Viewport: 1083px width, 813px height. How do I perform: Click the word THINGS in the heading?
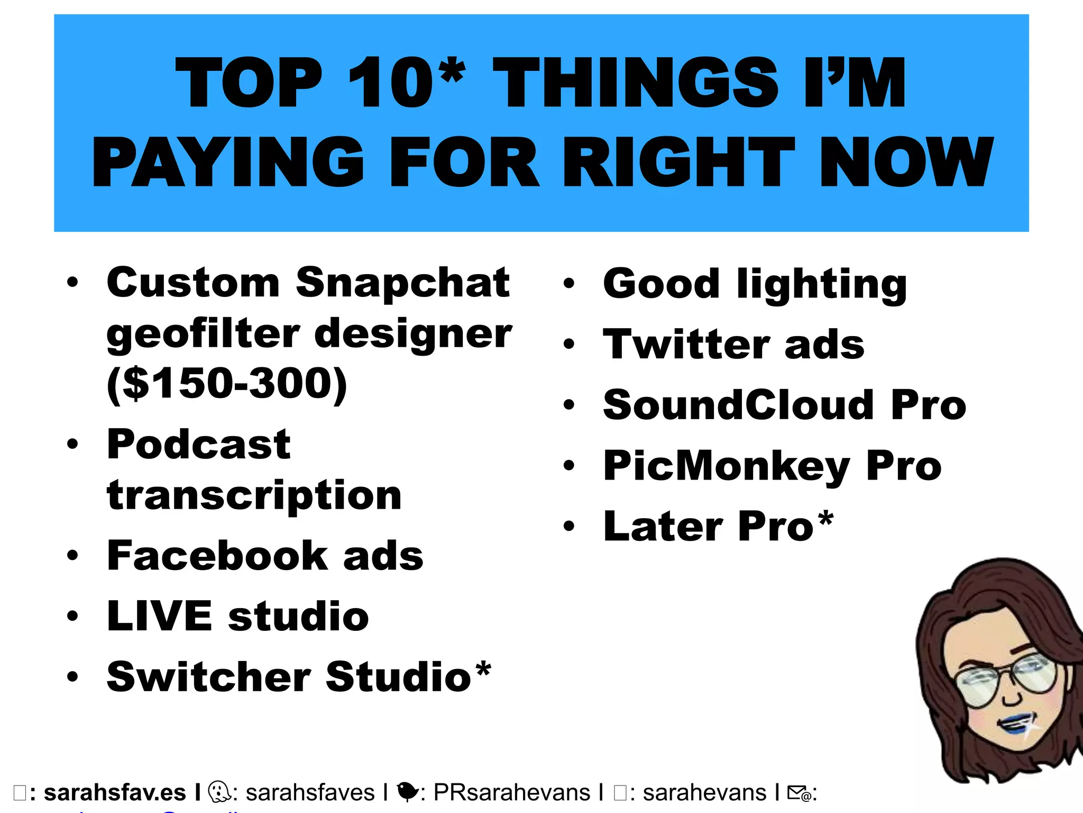635,83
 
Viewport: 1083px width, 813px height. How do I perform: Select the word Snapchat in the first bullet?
402,284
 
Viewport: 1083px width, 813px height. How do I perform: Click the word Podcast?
198,445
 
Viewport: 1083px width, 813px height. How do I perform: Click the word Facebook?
216,556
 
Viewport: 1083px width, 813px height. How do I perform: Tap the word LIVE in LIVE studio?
159,616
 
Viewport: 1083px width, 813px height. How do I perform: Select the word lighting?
822,285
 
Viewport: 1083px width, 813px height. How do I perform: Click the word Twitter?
685,345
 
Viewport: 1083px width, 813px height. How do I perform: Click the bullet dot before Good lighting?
568,284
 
